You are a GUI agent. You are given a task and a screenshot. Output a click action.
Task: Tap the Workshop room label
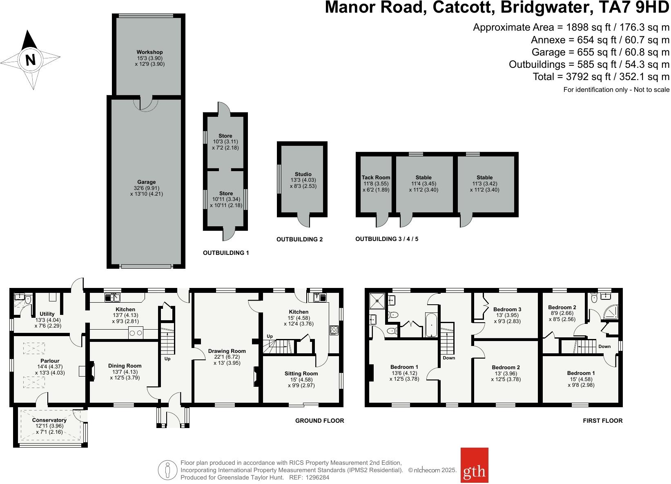[149, 52]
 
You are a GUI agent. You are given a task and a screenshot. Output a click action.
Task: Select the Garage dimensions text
[146, 191]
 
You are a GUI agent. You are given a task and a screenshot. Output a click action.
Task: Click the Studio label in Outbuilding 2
[303, 174]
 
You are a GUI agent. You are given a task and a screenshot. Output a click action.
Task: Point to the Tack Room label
[376, 178]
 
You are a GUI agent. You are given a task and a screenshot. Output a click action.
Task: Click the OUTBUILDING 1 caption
[226, 253]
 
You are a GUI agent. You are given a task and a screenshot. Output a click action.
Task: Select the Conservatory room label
[49, 420]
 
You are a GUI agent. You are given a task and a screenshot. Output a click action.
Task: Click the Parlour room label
[50, 361]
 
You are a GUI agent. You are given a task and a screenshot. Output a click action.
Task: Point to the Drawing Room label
[227, 351]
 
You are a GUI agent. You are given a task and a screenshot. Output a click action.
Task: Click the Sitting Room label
[301, 373]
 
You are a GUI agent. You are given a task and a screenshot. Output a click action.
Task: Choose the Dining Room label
[125, 366]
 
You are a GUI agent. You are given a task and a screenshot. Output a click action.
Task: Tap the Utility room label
[47, 314]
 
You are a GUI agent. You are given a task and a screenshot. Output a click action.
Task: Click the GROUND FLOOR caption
[319, 421]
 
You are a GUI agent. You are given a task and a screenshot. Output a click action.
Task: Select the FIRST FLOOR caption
[602, 421]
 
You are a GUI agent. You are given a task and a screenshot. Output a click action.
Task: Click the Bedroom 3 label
[507, 310]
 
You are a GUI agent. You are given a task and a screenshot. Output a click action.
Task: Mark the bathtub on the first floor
[431, 325]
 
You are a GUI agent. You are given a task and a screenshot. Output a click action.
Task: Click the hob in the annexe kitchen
[334, 330]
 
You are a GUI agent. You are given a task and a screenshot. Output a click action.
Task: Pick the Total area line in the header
[601, 76]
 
